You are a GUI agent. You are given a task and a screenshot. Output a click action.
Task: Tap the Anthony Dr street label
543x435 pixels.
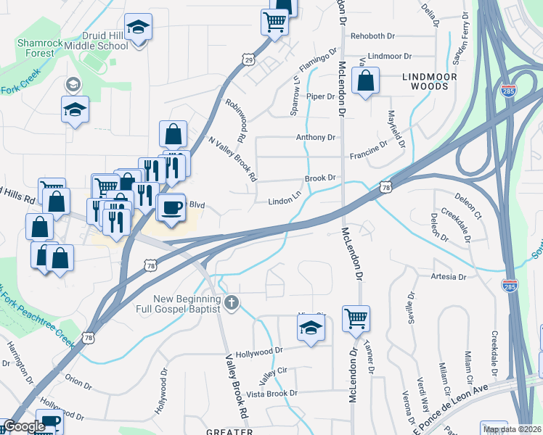click(315, 137)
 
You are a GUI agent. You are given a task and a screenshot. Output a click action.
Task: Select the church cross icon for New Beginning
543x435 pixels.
click(232, 303)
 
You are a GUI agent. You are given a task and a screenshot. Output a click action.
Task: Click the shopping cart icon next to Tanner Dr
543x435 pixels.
click(356, 317)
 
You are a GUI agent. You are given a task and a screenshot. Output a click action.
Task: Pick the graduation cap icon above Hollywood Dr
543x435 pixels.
click(310, 328)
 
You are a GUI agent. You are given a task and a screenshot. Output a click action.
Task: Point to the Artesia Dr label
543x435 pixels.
click(447, 277)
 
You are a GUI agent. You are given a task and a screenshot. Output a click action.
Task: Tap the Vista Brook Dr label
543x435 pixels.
click(272, 393)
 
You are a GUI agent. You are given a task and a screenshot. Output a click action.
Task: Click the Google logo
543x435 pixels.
click(24, 427)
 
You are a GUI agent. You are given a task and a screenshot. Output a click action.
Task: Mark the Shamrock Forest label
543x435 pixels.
click(36, 48)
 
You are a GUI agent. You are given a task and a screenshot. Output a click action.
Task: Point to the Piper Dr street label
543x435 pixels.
click(319, 96)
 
